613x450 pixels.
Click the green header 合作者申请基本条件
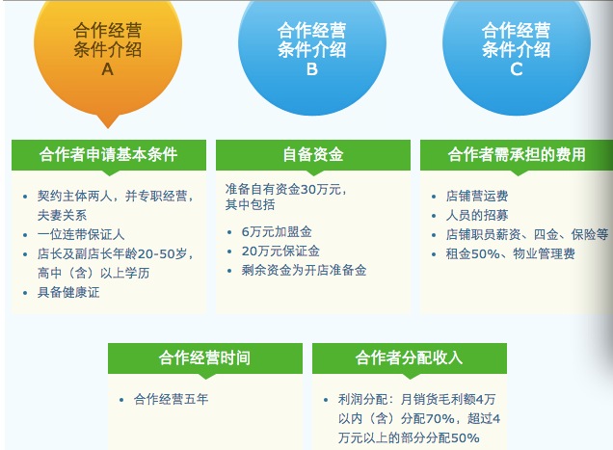pyautogui.click(x=108, y=154)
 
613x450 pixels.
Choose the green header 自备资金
pyautogui.click(x=312, y=154)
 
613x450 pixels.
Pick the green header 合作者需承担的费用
pyautogui.click(x=517, y=154)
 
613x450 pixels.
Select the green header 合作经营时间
pyautogui.click(x=204, y=358)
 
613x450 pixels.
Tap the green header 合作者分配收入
pyautogui.click(x=409, y=358)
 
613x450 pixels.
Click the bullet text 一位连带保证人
pyautogui.click(x=81, y=234)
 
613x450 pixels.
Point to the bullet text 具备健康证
pyautogui.click(x=68, y=292)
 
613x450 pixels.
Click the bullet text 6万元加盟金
pyautogui.click(x=277, y=232)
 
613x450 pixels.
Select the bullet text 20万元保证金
pyautogui.click(x=280, y=251)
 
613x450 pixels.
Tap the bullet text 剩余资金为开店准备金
pyautogui.click(x=304, y=271)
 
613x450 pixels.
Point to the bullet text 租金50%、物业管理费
pyautogui.click(x=510, y=253)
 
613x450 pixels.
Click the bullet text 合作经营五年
pyautogui.click(x=171, y=398)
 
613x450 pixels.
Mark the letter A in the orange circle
pyautogui.click(x=107, y=69)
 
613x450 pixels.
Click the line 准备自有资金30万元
pyautogui.click(x=286, y=188)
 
